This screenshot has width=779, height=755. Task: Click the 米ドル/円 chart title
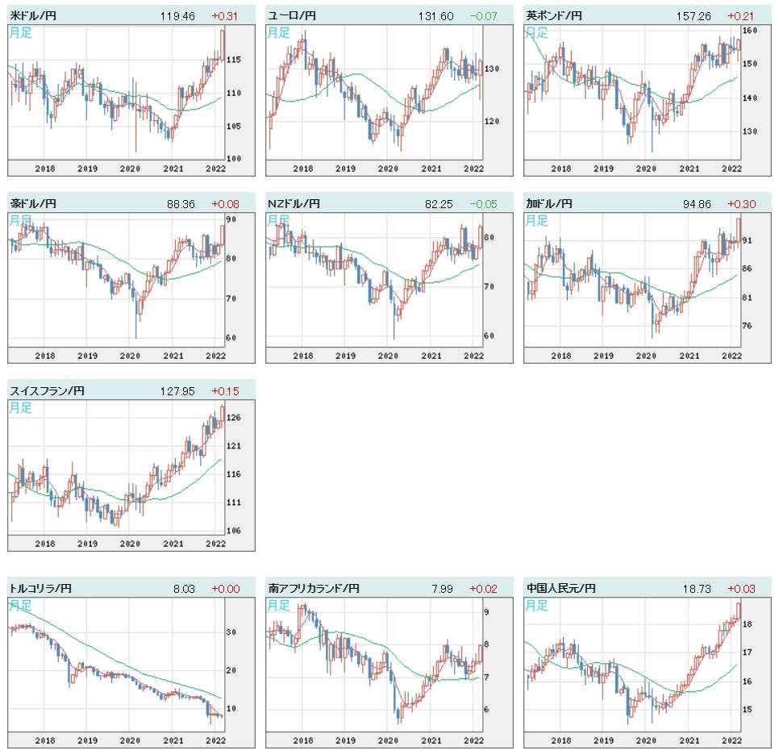[33, 15]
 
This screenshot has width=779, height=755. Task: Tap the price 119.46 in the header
[177, 15]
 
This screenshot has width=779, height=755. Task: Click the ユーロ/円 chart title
[291, 15]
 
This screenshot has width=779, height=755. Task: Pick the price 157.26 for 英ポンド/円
[693, 15]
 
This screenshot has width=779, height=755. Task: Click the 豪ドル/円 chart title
[33, 203]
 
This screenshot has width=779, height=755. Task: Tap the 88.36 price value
[179, 203]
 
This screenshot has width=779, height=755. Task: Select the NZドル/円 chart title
[294, 203]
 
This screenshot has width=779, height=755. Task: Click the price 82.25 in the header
[437, 203]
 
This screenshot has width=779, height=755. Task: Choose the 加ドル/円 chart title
[549, 203]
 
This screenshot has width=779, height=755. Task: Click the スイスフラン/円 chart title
[47, 391]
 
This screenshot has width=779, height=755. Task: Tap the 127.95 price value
[177, 391]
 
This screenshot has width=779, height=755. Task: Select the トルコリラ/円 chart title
[40, 589]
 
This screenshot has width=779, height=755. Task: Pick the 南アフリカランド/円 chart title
[315, 589]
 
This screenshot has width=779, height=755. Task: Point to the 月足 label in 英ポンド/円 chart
[536, 32]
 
